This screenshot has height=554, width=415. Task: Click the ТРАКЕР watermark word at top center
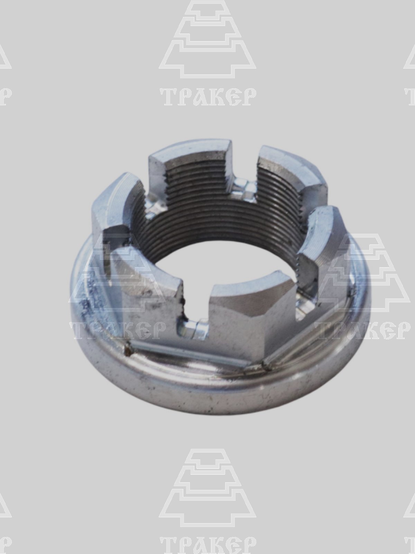[208, 97]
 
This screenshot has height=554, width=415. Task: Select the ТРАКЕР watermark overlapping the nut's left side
[118, 330]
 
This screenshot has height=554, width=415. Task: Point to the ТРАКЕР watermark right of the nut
[362, 330]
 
